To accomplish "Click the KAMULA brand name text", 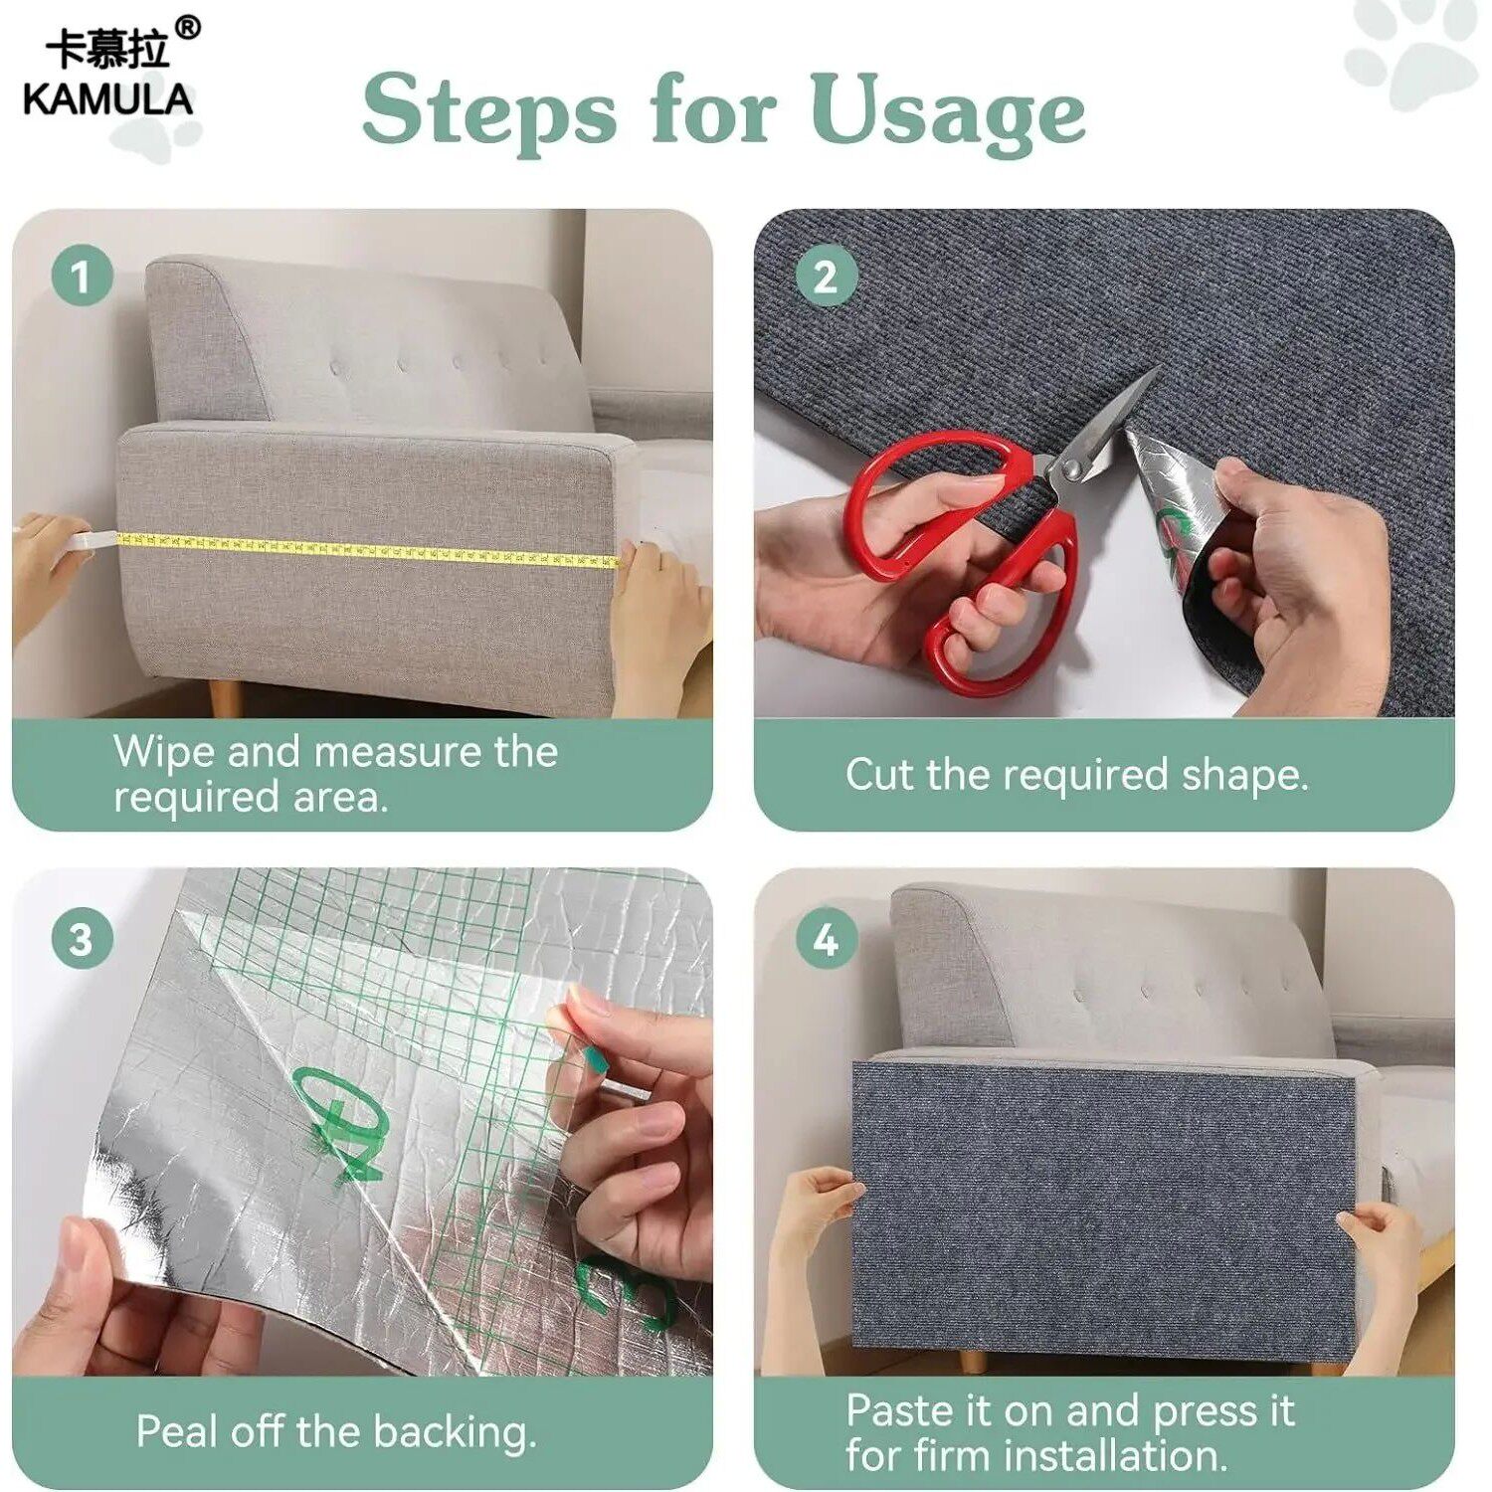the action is tap(107, 99).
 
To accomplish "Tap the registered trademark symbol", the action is tap(187, 28).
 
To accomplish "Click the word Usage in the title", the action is tap(947, 111).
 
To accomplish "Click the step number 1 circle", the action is tap(82, 276).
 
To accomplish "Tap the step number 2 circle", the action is tap(826, 276).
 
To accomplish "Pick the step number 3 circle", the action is tap(82, 938).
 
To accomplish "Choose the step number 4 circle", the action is tap(826, 938).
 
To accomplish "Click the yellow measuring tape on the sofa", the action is tap(368, 550).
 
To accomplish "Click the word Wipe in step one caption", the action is tap(164, 753).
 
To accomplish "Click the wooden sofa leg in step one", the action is tap(225, 698).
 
